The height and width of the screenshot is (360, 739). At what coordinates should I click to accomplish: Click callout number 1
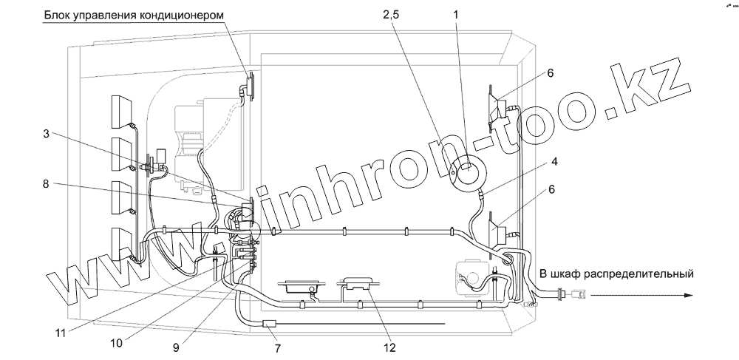click(x=456, y=15)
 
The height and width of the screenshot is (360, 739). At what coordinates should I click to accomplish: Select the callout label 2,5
click(x=391, y=15)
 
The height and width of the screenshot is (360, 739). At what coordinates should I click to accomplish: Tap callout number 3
click(x=46, y=134)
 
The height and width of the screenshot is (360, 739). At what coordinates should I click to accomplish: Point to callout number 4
click(x=555, y=162)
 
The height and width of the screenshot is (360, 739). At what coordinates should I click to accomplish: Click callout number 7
click(x=278, y=349)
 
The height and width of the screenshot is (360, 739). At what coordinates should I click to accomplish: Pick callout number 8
click(x=46, y=184)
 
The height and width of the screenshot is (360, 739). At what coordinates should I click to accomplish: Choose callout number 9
click(x=176, y=347)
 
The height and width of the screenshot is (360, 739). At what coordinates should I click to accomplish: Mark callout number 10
click(x=116, y=343)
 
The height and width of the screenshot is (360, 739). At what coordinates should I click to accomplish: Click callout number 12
click(x=389, y=348)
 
